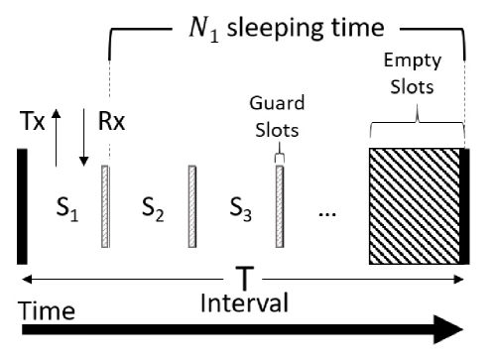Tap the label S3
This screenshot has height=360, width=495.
pos(239,211)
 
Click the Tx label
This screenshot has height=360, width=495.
pos(32,122)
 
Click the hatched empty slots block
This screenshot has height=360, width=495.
pos(416,205)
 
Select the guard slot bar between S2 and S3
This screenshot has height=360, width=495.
pos(189,206)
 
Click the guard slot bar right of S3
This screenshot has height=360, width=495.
pos(280,206)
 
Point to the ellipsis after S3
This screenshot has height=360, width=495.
pos(327,215)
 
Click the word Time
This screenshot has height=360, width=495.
pos(49,311)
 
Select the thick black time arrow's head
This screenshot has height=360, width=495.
pos(451,330)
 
